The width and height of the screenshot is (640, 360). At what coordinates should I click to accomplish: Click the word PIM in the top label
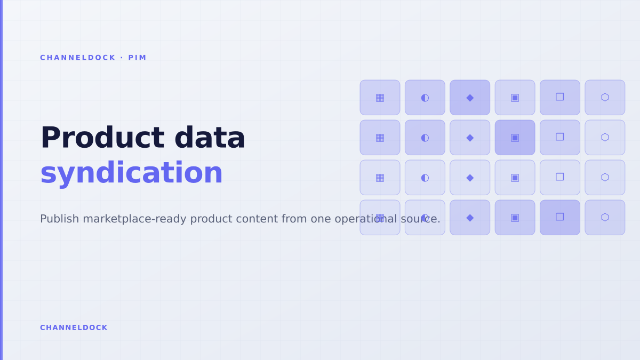(137, 58)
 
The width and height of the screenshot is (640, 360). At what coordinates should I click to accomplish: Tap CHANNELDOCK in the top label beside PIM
(78, 58)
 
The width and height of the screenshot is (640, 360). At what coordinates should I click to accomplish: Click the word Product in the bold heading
(102, 138)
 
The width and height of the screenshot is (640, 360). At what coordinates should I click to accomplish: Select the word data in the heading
(210, 138)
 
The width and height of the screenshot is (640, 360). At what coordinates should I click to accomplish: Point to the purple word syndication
(131, 173)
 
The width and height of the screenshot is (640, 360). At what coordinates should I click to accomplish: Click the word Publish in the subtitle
(59, 219)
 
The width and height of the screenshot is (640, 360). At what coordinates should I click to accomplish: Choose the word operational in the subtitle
(366, 219)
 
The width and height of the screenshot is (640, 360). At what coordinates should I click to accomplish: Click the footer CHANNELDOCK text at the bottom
(74, 327)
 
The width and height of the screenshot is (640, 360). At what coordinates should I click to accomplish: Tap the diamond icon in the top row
(470, 98)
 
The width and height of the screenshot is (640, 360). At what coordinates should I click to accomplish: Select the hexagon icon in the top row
(605, 97)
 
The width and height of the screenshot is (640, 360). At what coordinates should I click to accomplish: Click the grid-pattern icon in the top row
(380, 98)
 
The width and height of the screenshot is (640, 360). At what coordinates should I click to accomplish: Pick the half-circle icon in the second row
(425, 138)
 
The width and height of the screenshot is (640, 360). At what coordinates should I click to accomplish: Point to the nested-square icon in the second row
(515, 138)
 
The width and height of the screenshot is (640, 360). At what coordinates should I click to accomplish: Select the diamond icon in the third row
(470, 178)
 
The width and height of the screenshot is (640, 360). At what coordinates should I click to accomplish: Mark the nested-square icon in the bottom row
(515, 218)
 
